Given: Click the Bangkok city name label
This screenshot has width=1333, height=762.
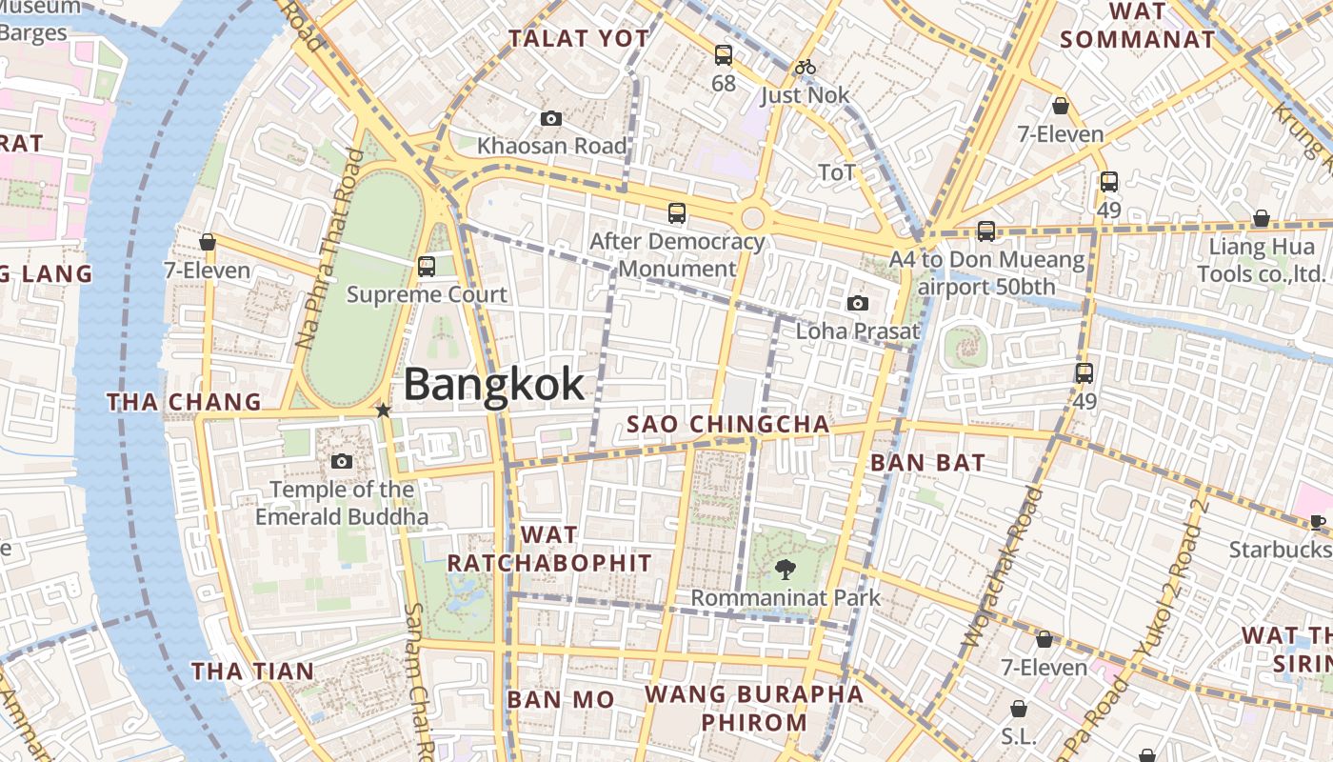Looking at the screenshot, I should [x=494, y=385].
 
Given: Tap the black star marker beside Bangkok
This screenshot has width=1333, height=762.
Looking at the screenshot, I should [x=383, y=411].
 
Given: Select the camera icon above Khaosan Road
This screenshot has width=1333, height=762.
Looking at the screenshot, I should [x=550, y=119].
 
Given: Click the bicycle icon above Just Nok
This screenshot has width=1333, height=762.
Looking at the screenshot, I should [x=806, y=67].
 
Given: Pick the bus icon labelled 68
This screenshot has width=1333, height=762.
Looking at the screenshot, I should [x=724, y=55].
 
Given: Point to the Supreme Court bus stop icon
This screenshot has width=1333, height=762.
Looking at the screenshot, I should [x=427, y=267].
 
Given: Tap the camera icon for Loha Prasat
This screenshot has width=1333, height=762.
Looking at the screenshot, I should [x=858, y=304].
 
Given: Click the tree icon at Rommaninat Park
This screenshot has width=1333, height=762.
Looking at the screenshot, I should [x=786, y=570].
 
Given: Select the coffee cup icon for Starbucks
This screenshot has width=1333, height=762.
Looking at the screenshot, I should [x=1318, y=521].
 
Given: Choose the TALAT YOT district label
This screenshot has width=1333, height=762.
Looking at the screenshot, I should [x=579, y=39].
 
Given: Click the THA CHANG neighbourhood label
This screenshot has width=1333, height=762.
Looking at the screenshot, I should [x=184, y=402].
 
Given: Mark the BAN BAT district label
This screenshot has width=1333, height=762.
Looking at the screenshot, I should [x=927, y=463].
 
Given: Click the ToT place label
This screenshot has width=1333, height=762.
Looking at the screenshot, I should [x=837, y=172].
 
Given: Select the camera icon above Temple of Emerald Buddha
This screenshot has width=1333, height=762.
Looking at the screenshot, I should [x=342, y=462].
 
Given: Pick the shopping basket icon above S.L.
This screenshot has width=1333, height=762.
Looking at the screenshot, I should [x=1019, y=709].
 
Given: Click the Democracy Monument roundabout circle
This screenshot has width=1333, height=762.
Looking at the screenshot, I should [x=752, y=217].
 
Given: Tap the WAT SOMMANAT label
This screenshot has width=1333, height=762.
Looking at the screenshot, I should [x=1137, y=26].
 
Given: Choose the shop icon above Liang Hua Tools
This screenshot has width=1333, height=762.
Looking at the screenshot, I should [x=1261, y=219].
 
